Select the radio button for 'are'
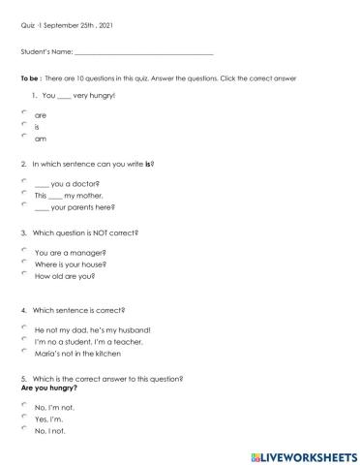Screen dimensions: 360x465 click(x=23, y=113)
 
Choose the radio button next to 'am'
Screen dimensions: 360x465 click(x=23, y=137)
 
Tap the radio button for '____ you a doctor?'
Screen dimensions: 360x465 click(x=23, y=181)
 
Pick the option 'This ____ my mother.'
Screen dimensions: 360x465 click(x=23, y=193)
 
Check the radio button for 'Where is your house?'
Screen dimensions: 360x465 click(x=23, y=262)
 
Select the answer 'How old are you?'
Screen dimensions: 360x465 click(x=23, y=274)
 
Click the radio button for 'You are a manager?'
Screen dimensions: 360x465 click(x=23, y=250)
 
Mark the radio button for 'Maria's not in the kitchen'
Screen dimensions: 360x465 click(x=23, y=352)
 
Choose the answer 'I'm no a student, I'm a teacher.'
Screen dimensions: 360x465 click(x=23, y=340)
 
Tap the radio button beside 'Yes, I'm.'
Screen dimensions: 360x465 click(x=23, y=417)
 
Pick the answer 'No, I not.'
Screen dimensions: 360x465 click(x=23, y=428)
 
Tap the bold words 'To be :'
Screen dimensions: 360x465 click(x=30, y=77)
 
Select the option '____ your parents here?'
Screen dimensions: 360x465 click(x=23, y=204)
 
